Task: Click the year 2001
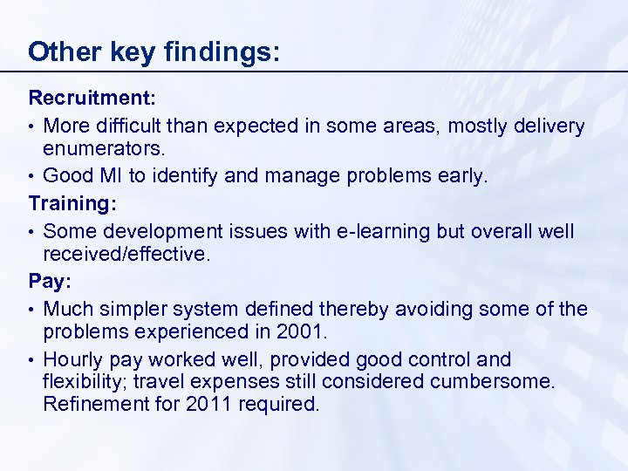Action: pos(304,332)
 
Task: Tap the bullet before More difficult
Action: pos(32,127)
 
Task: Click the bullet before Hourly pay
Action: pos(32,360)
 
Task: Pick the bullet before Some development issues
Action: pos(32,231)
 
